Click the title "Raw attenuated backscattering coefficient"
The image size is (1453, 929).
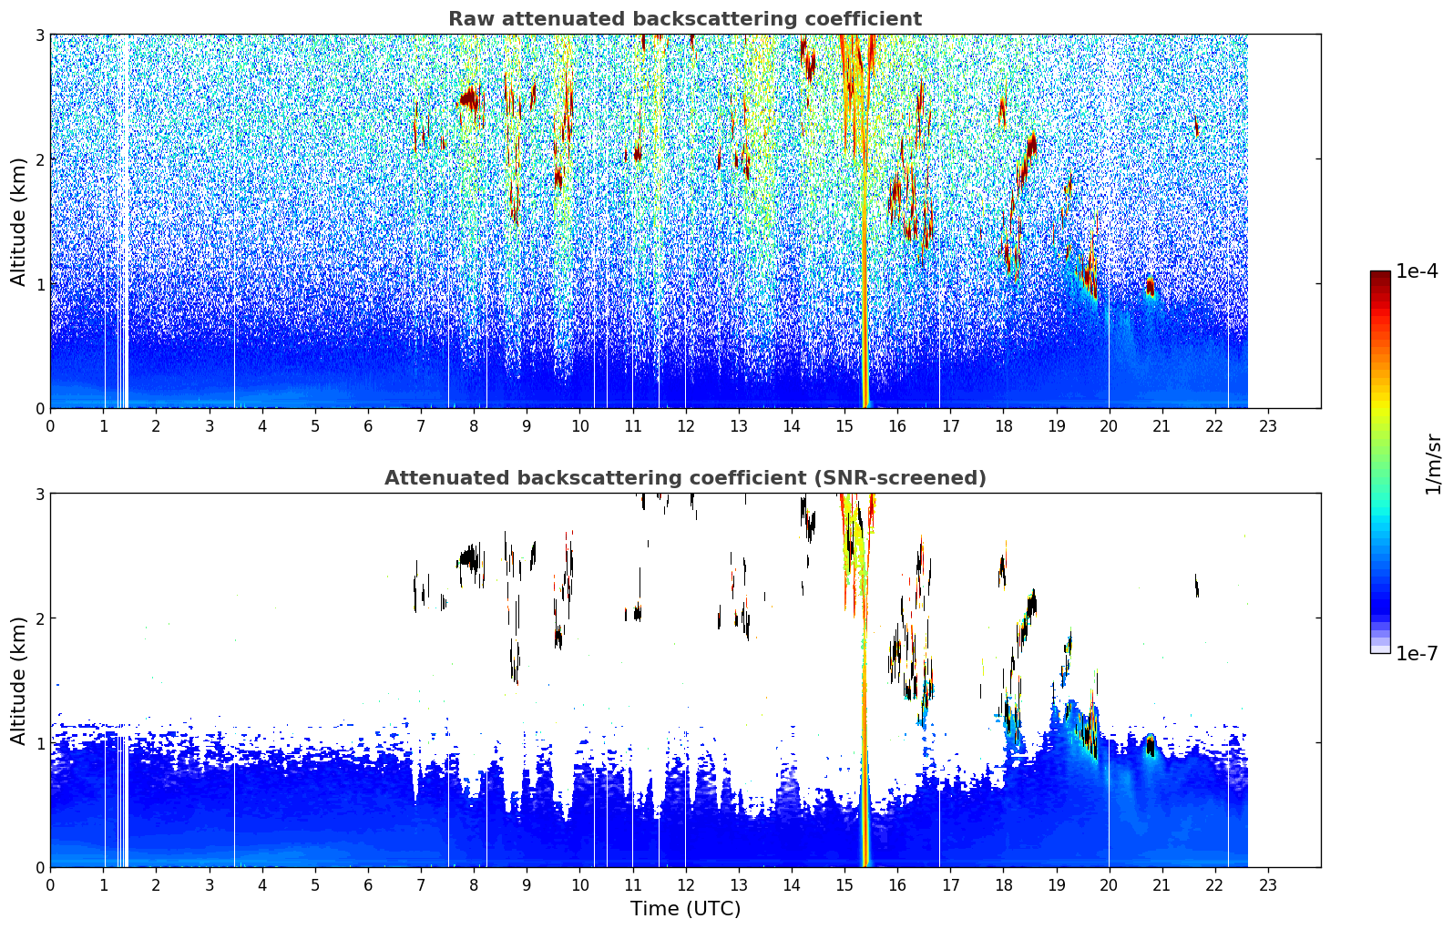pos(685,19)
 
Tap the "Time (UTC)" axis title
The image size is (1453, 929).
pos(685,908)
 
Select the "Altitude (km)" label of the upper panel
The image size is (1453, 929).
pos(18,222)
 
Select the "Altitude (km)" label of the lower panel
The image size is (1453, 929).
pos(18,680)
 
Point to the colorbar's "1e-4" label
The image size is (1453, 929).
pos(1417,271)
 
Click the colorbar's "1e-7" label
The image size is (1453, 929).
pos(1417,653)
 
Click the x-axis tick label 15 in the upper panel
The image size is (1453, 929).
pos(844,426)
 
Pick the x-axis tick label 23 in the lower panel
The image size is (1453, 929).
pos(1268,885)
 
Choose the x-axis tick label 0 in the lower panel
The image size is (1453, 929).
pos(51,885)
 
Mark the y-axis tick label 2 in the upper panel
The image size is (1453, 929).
pos(39,159)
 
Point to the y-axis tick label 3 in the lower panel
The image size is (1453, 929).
pos(39,494)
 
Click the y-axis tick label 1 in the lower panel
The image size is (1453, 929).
pos(39,743)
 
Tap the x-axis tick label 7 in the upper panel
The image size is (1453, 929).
pos(421,426)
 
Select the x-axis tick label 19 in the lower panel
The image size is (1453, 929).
pos(1057,885)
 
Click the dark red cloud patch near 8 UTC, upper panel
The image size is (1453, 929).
pos(470,99)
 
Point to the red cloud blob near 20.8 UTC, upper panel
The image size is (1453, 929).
pos(1150,286)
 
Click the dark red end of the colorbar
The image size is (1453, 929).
pos(1380,275)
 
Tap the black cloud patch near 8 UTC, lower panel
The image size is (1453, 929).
pos(470,557)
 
